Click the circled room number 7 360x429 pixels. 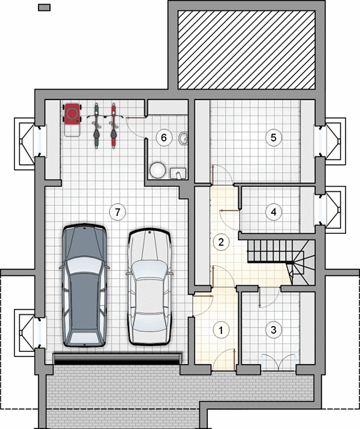[118, 212]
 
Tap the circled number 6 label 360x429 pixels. [164, 137]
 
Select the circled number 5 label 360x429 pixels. [274, 137]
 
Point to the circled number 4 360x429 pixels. [274, 212]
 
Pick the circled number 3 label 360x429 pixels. [274, 330]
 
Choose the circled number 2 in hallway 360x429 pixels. [221, 242]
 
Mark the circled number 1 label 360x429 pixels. [221, 330]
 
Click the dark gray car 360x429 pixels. [84, 285]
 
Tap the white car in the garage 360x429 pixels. [149, 287]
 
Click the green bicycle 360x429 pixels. [96, 126]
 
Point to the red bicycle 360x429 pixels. [114, 126]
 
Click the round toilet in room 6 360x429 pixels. [157, 170]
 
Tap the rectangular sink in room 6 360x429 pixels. [178, 173]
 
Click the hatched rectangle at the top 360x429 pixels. [246, 50]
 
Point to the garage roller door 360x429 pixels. [118, 359]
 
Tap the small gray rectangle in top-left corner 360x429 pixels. [44, 7]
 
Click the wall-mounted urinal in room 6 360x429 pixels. [184, 137]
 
